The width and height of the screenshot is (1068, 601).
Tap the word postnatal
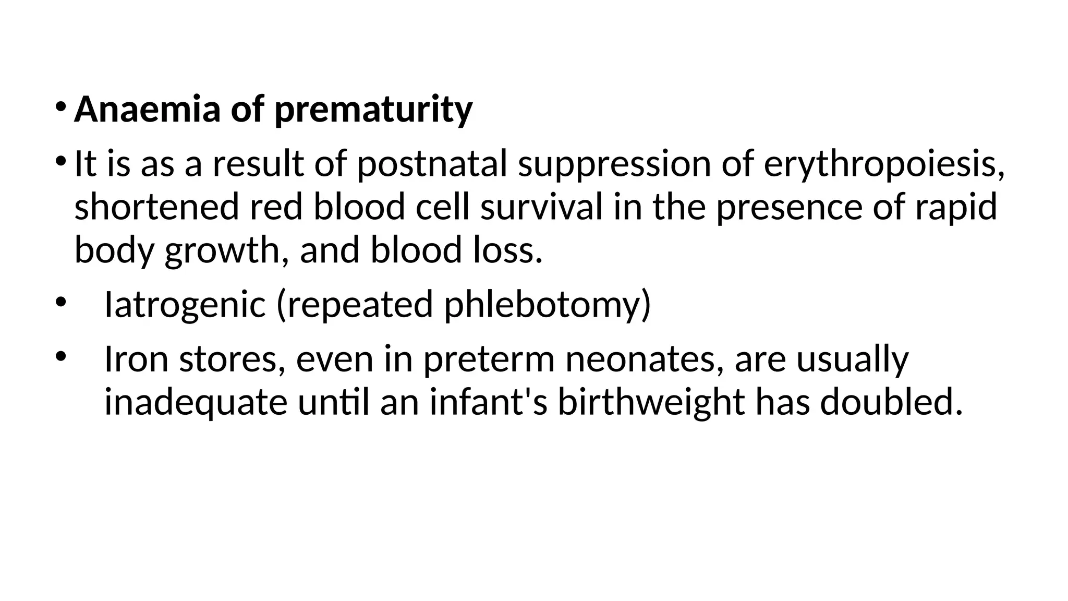click(x=431, y=164)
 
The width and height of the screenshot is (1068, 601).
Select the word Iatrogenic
click(x=185, y=305)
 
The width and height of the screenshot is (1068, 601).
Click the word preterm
click(x=489, y=360)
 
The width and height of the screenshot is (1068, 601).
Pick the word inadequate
click(x=196, y=403)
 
